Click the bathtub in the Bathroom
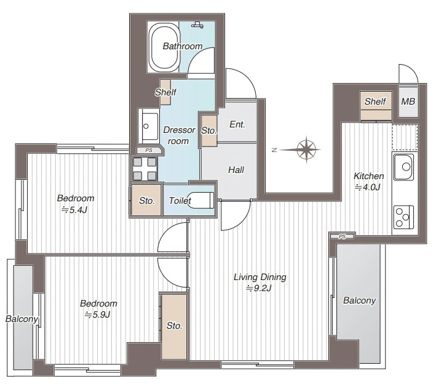tap(164, 47)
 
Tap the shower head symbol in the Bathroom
tap(197, 25)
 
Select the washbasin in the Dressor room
tap(148, 127)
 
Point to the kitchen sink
tap(403, 167)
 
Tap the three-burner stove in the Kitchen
tap(403, 217)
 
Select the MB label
tap(408, 102)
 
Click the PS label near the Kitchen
tap(343, 236)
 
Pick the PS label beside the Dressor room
tap(149, 150)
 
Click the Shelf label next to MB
tap(375, 102)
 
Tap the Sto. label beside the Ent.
tap(209, 131)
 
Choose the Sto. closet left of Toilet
tap(146, 200)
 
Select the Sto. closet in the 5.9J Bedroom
tap(174, 326)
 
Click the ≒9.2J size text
tap(259, 288)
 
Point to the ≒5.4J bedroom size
tap(74, 209)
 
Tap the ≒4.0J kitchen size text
tap(367, 187)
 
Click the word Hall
tap(236, 170)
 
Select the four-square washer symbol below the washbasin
tap(145, 169)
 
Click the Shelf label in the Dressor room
tap(165, 92)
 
